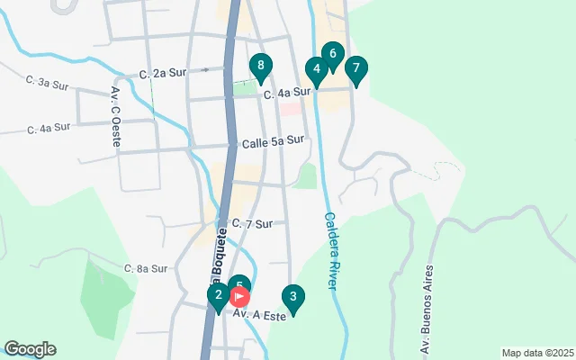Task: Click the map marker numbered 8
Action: coord(260,66)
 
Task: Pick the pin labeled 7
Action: coord(356,68)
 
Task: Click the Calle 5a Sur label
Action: coord(273,140)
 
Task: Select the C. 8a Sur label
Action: coord(146,268)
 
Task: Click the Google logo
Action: coord(30,349)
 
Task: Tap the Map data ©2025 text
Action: coord(536,353)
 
